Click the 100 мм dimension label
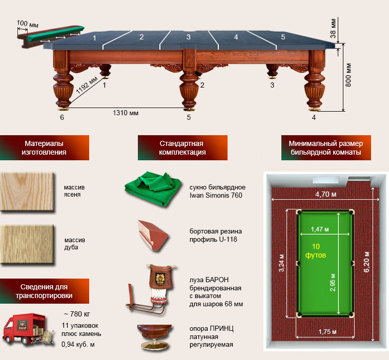coord(28,24)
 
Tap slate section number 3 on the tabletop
coord(189,37)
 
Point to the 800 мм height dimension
coord(349,75)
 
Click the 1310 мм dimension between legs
coord(126,113)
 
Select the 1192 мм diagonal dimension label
coord(87,85)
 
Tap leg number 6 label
coord(62,117)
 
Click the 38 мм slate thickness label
coord(333,28)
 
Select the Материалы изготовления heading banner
coord(45,147)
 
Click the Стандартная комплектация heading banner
coord(182,147)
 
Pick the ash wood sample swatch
coord(27,192)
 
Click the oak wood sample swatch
coord(27,244)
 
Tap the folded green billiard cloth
coord(153,188)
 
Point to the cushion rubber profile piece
coord(153,236)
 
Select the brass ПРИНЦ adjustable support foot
coord(154,337)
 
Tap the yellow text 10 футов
coord(316,250)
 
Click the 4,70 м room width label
coord(326,194)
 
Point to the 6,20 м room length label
coord(366,262)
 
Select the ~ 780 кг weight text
coord(77,314)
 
